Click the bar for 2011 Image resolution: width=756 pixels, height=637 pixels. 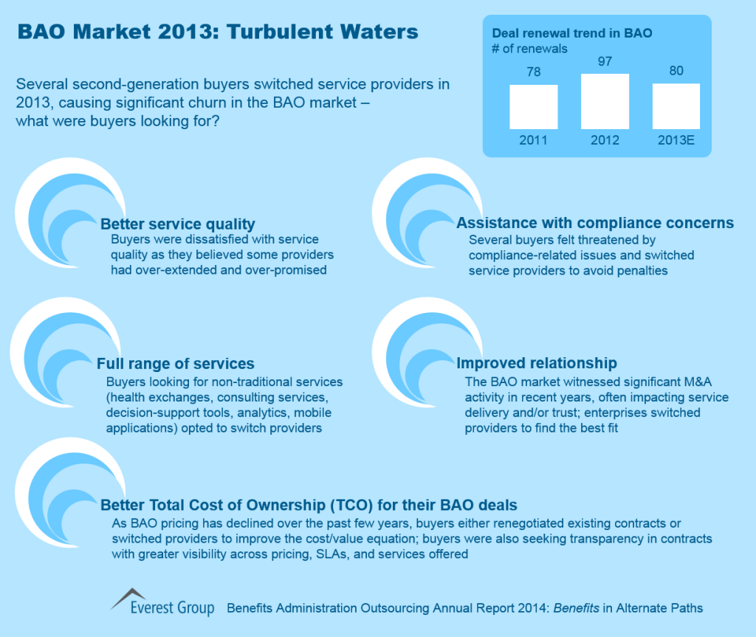click(533, 107)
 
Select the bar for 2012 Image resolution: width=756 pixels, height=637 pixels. click(605, 101)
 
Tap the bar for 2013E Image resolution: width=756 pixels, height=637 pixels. click(676, 106)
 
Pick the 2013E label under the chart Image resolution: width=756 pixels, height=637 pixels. click(676, 140)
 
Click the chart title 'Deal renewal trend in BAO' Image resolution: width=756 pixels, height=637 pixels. click(572, 33)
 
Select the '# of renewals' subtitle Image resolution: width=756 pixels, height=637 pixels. click(530, 49)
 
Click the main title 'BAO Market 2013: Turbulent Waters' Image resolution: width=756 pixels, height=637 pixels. click(217, 32)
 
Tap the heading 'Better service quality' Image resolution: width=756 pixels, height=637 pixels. click(178, 224)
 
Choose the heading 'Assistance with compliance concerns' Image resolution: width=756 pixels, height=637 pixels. click(595, 223)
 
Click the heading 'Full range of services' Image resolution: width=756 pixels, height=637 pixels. click(176, 363)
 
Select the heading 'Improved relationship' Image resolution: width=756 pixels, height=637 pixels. click(537, 363)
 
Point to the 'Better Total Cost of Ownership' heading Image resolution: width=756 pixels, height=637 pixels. click(309, 505)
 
